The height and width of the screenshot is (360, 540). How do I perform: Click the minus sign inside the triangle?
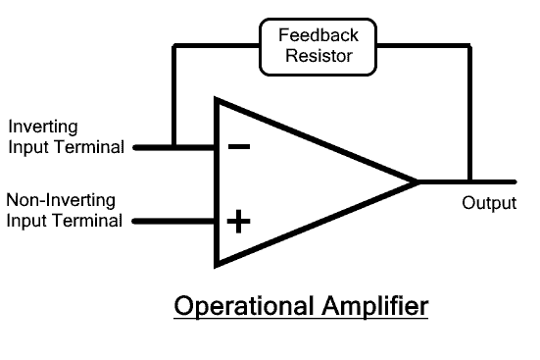tap(238, 147)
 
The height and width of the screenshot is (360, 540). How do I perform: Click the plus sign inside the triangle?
tap(238, 220)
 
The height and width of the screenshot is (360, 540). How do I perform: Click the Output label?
tap(488, 204)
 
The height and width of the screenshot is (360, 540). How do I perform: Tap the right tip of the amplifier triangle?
tap(418, 181)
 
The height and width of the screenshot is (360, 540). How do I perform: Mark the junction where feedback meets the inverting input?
tap(173, 148)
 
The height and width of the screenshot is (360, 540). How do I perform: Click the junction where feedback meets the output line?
tap(470, 181)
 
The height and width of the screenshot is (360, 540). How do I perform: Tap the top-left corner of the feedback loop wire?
tap(173, 46)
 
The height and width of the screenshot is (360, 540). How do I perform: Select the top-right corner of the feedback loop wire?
tap(470, 46)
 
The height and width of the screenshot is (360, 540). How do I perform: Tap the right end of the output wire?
tap(514, 181)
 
